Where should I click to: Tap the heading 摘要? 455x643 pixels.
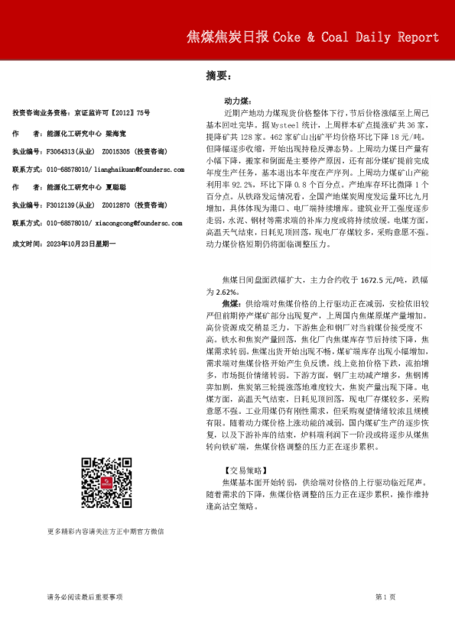coord(218,76)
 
